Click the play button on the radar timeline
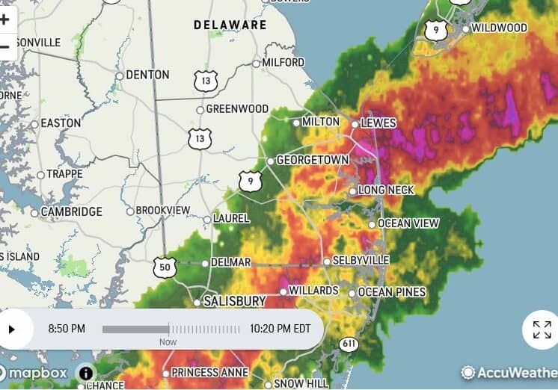12,329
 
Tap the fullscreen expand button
542,329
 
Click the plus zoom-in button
5,19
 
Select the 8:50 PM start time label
67,329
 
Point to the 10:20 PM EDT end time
280,329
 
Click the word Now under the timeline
168,341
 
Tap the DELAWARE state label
230,25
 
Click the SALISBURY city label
235,301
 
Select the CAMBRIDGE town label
71,212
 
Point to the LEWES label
378,123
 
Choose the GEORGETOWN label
313,161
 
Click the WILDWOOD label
499,28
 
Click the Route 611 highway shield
348,344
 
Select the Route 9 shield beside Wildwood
436,31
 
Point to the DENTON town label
147,75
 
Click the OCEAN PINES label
391,292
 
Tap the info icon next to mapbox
86,373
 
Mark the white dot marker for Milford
256,64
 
